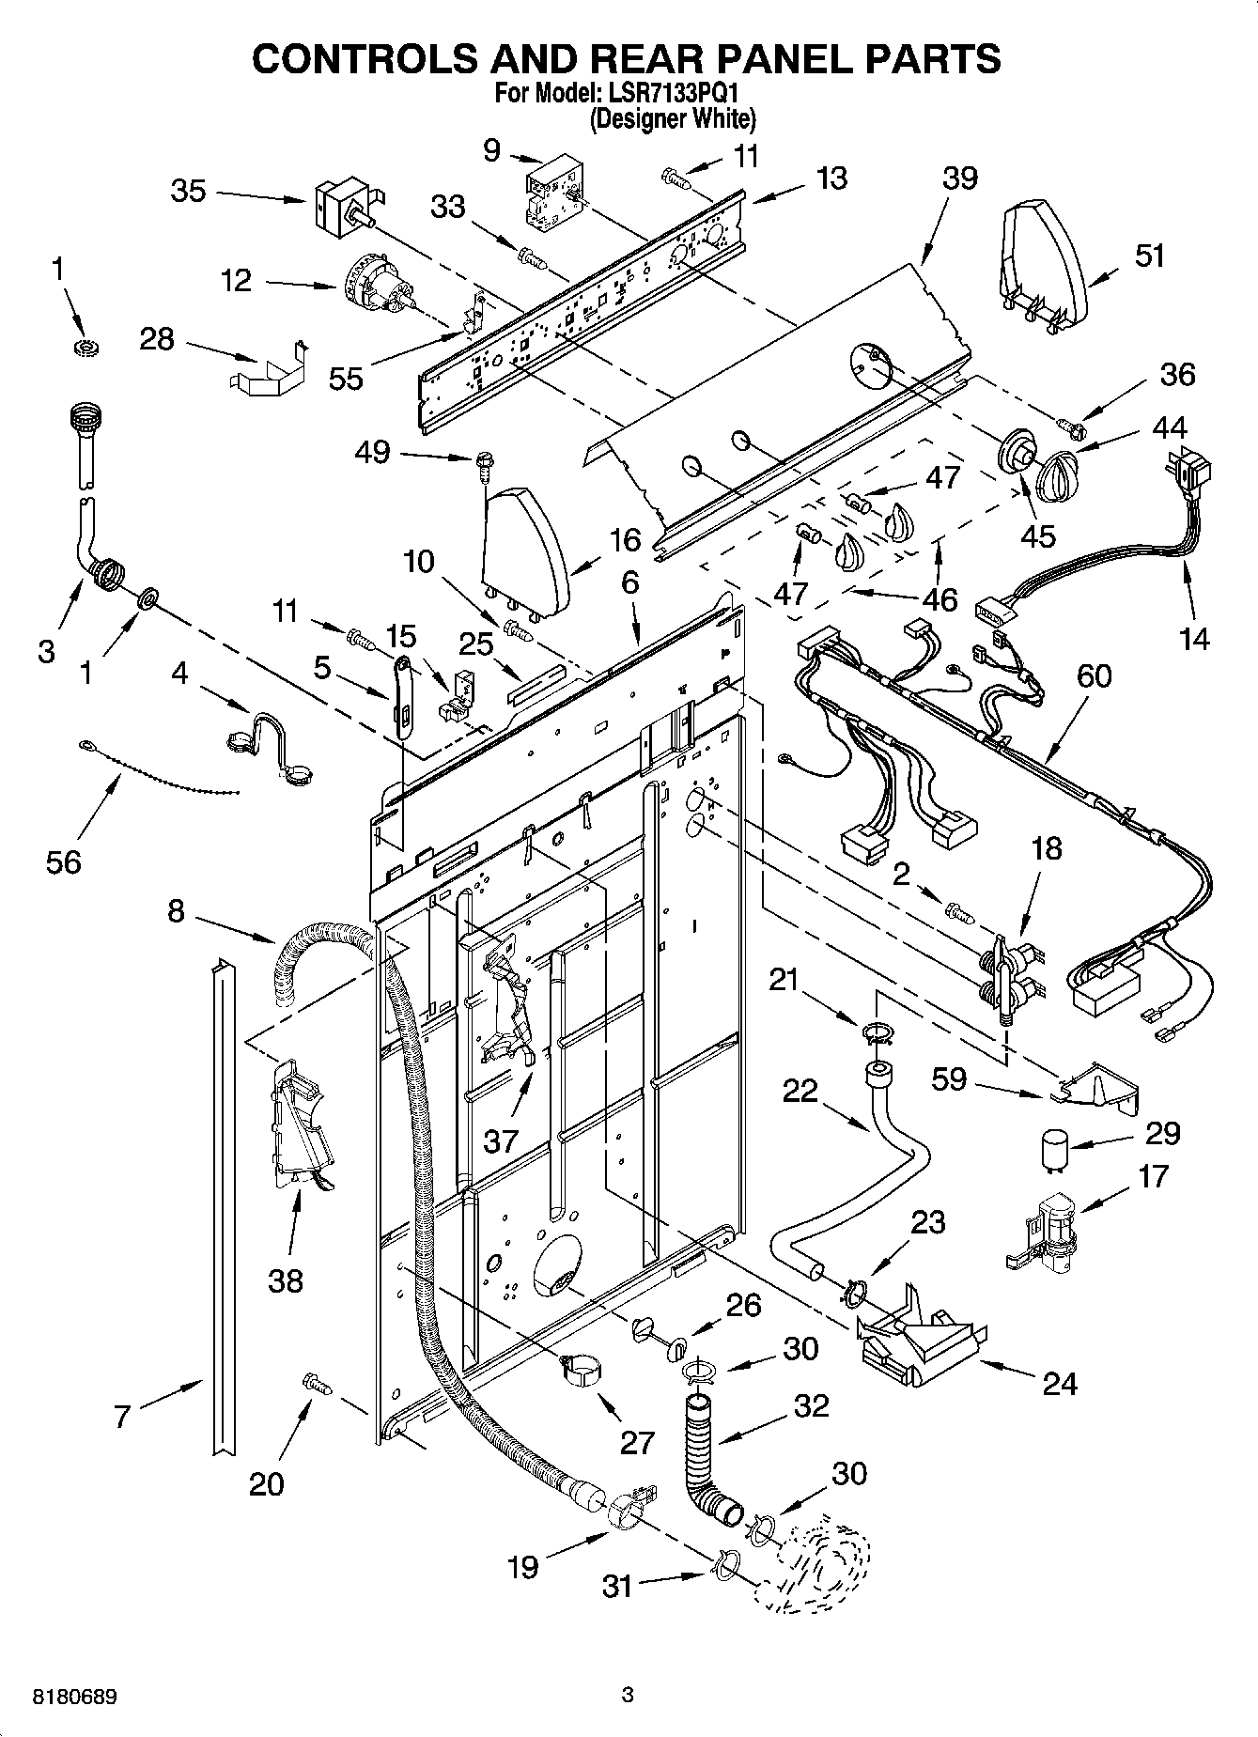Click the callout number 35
coord(188,191)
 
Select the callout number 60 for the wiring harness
coord(1095,675)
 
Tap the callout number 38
coord(286,1279)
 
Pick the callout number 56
coord(64,861)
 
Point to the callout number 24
coord(1059,1383)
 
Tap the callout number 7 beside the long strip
coord(121,1417)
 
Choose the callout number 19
coord(523,1566)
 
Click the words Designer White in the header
coord(673,119)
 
